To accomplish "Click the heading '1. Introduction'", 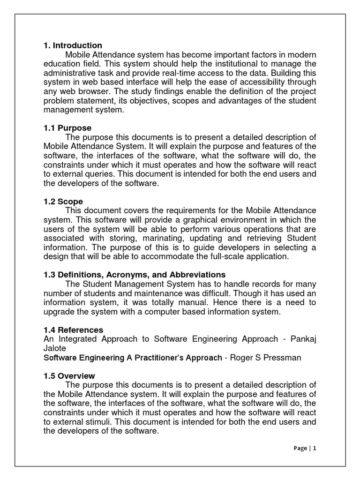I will click(73, 45).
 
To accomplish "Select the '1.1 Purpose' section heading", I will click(67, 128).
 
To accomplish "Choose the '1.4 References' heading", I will click(73, 330).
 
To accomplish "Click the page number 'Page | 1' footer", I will click(305, 448).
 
